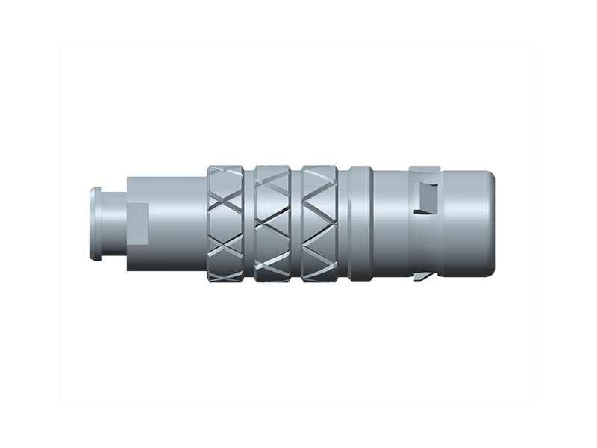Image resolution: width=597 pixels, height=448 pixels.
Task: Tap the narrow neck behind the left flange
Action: coord(112,224)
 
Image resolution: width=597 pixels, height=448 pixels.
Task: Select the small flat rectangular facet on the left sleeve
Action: coord(138,224)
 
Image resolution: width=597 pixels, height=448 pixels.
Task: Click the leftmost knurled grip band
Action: coord(228,224)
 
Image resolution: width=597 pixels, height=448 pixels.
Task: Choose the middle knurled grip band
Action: coord(275,224)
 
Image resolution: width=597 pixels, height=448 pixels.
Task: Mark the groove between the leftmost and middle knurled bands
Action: coord(251,224)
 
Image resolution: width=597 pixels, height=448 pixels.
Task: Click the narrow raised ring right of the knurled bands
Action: coord(360,224)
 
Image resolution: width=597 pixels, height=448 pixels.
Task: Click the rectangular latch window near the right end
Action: coord(428,198)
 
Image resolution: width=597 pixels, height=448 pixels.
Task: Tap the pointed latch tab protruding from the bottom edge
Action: coord(422,278)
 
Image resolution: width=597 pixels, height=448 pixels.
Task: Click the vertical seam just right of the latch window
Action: coord(443,224)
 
